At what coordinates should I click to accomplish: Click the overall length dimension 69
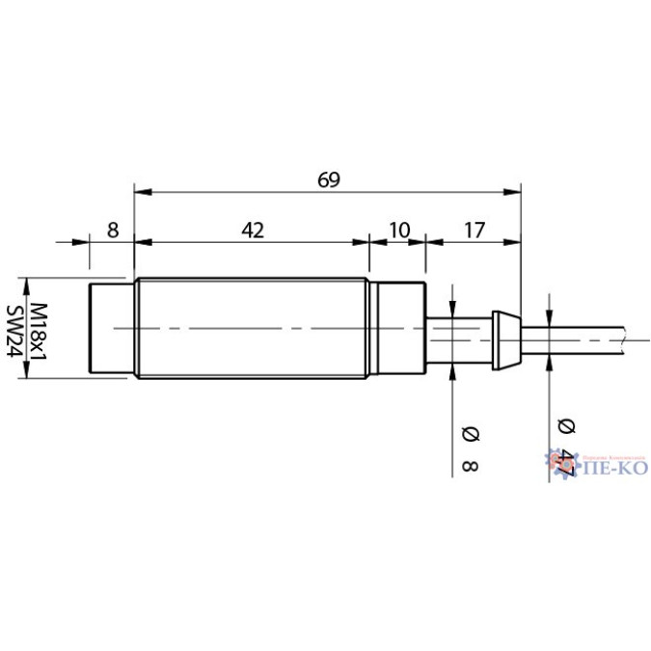pos(329,179)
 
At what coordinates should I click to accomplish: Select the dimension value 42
pos(252,230)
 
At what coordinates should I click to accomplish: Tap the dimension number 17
pos(475,230)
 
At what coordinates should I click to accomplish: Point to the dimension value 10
pos(398,230)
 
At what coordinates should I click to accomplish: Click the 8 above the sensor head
pos(113,230)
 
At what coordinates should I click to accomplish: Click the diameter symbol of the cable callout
pos(565,425)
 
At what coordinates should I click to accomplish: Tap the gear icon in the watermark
pos(561,462)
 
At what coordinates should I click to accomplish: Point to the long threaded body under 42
pos(252,329)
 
